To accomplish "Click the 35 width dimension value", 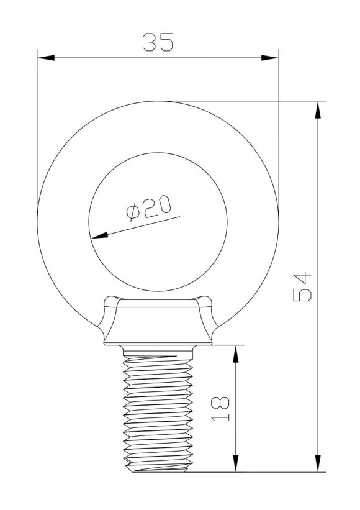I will click(158, 42).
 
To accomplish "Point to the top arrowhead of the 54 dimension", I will click(318, 109).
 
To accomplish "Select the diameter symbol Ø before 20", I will click(133, 212).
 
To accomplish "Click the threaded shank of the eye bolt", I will click(158, 410).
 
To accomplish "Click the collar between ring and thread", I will click(158, 323).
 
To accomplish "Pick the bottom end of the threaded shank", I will click(158, 470).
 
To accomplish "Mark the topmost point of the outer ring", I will click(158, 101).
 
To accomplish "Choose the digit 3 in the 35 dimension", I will click(150, 42).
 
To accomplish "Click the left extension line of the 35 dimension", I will click(37, 124).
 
